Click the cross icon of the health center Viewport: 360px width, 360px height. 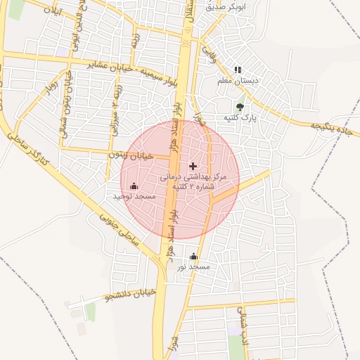(194, 166)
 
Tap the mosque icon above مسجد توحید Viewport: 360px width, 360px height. (134, 186)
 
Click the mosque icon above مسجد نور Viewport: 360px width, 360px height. (193, 257)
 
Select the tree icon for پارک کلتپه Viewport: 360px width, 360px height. (241, 108)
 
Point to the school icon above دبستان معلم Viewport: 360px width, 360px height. (238, 70)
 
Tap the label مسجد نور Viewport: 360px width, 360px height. (193, 267)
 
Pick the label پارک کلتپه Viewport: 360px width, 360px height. (241, 118)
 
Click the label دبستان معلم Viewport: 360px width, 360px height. (238, 81)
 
